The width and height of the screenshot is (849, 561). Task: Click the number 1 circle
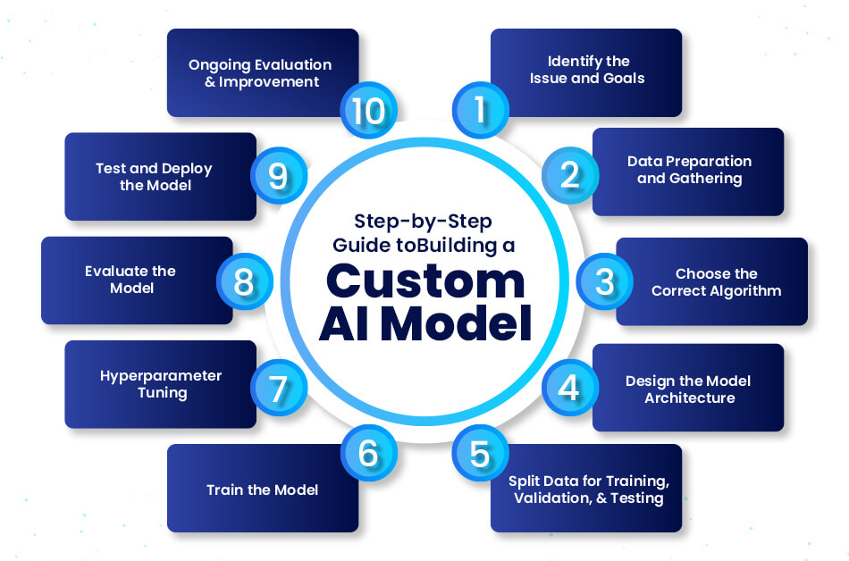point(481,111)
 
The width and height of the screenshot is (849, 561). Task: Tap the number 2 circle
point(570,174)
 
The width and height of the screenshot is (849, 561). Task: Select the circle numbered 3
point(604,281)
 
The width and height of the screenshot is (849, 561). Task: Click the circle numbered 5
point(481,453)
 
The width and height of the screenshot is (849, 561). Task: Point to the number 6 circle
point(368,453)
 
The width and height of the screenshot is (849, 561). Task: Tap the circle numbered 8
point(243,281)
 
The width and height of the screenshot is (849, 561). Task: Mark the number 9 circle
point(279,174)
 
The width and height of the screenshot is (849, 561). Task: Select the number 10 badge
point(368,111)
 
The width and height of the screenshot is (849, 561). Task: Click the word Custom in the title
point(424,280)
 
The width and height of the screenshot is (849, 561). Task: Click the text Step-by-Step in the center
point(424,220)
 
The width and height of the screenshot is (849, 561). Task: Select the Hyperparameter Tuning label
point(160,383)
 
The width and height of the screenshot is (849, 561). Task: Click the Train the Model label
point(262,490)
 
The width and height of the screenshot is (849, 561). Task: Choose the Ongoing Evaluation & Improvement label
point(260,73)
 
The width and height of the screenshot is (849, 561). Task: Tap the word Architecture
point(689,398)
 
